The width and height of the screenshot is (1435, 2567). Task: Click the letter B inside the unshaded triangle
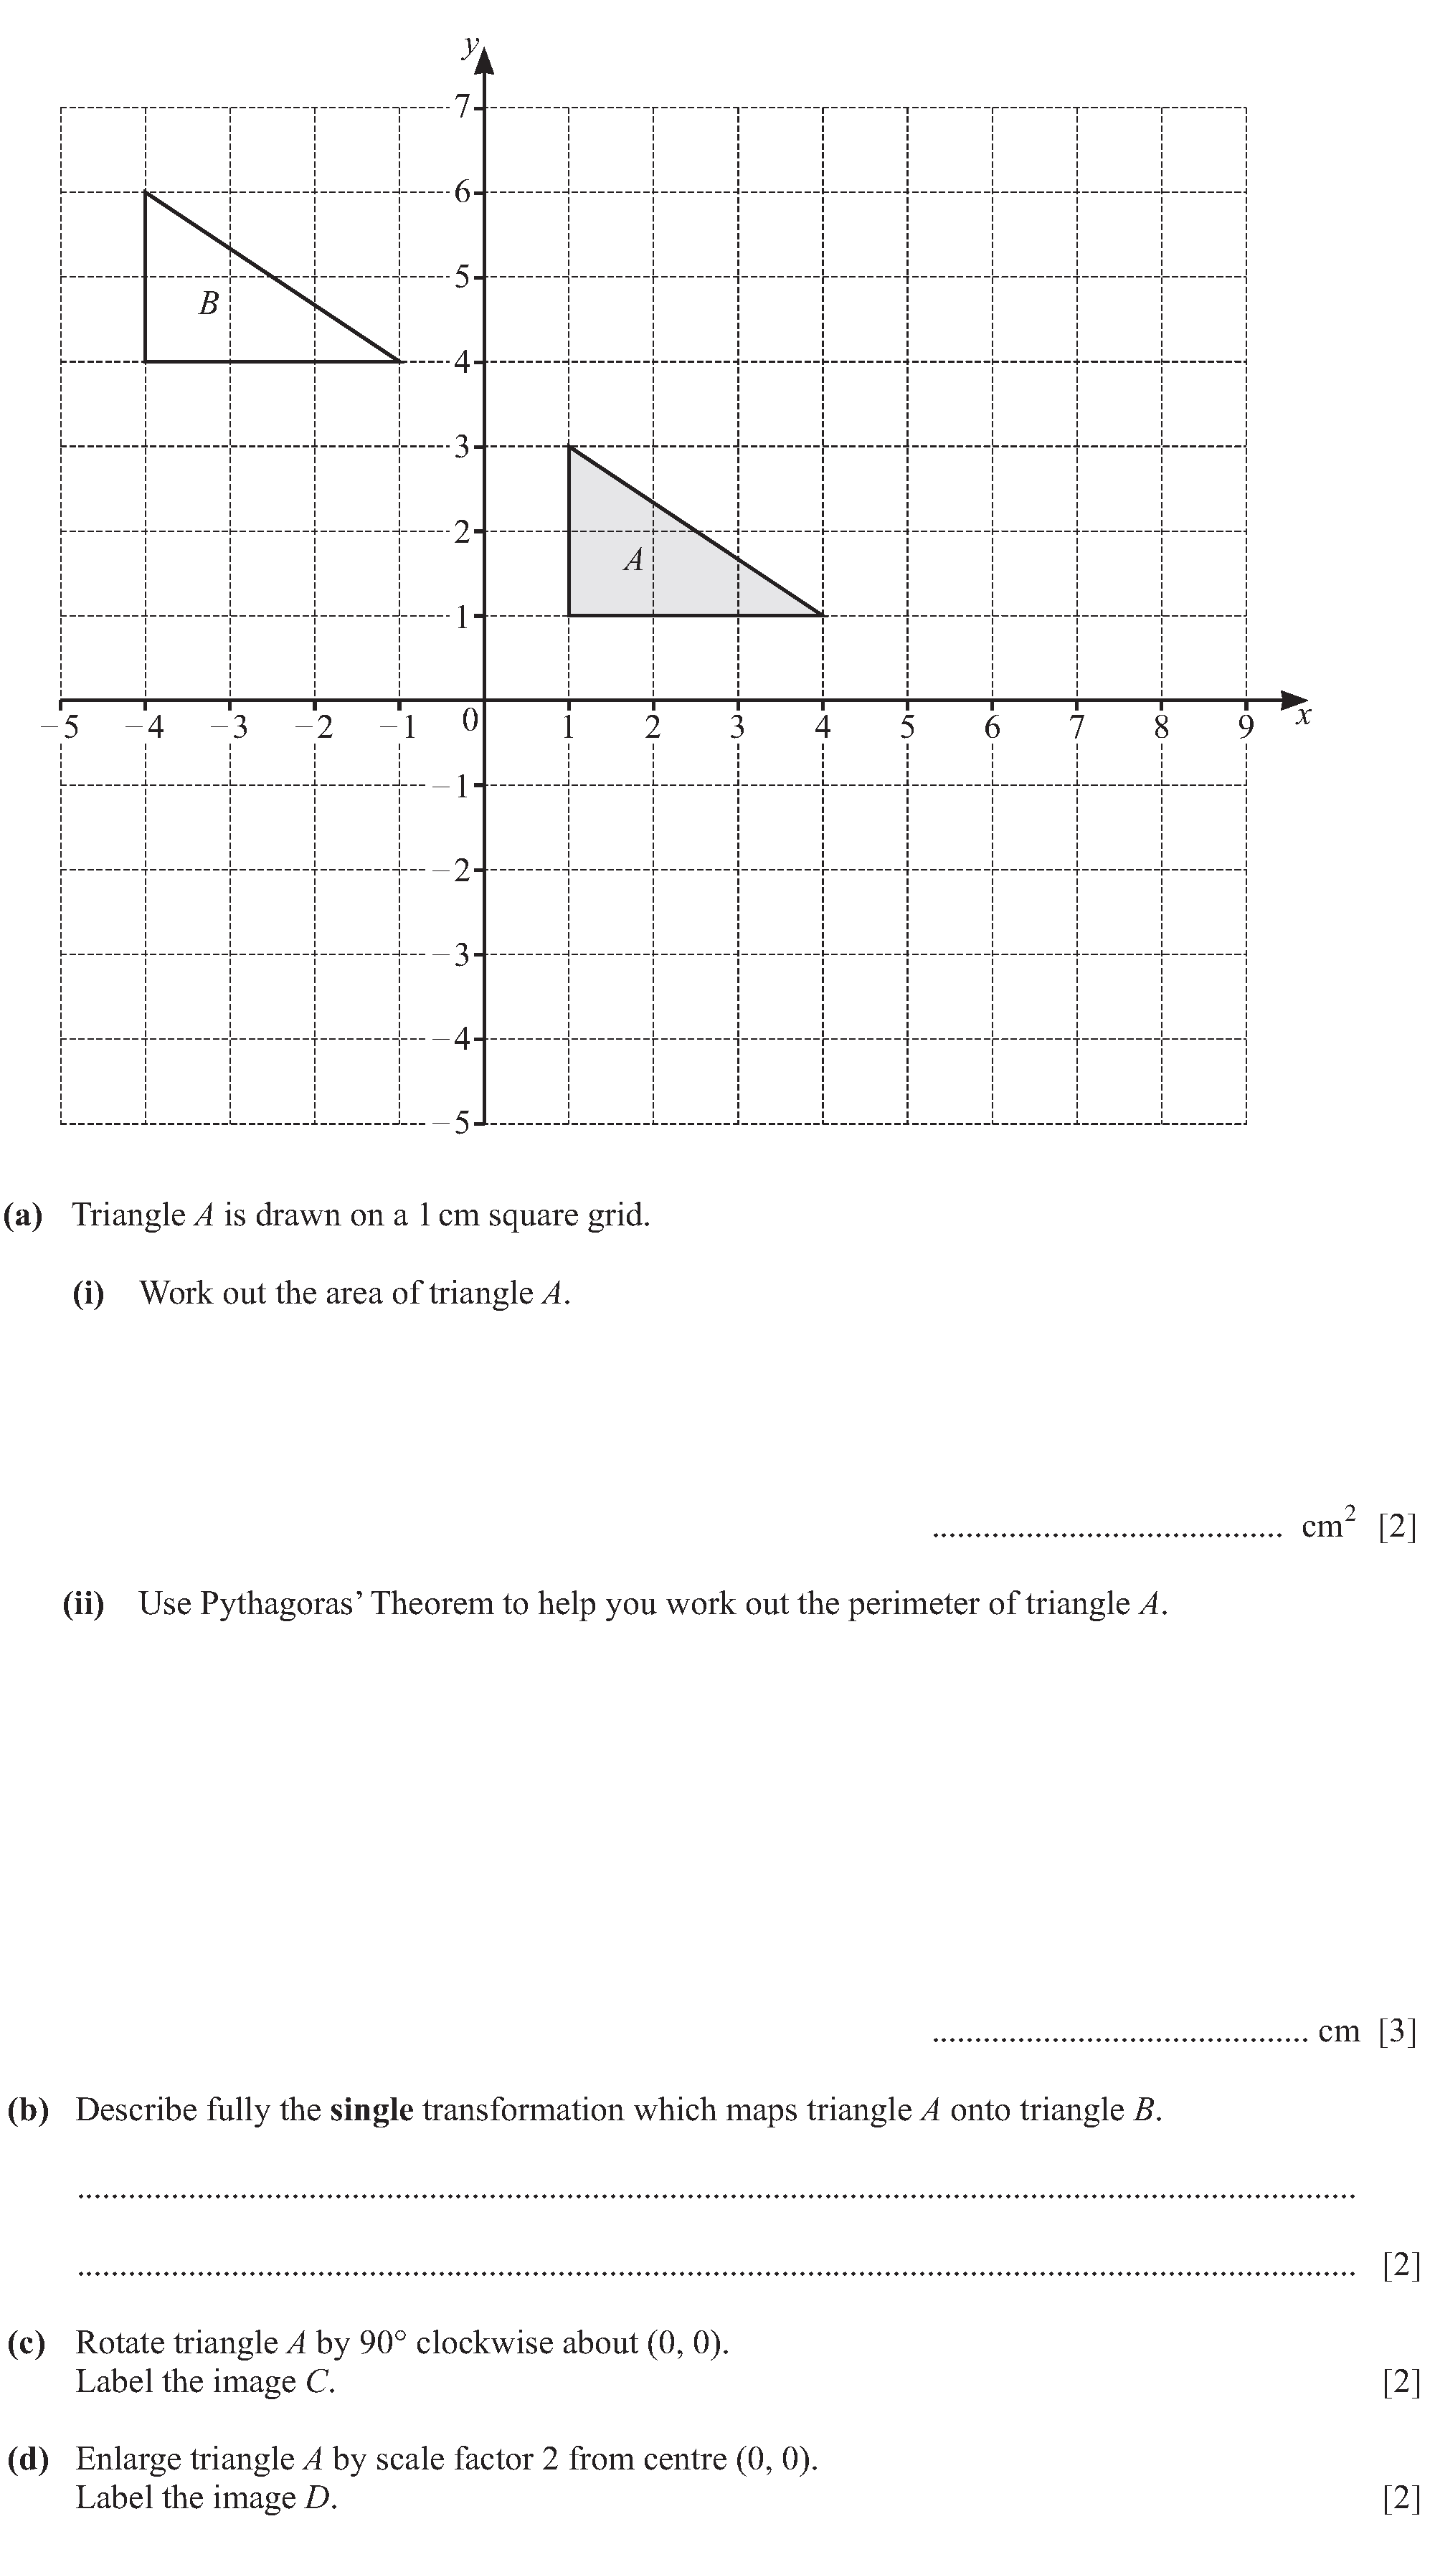[208, 303]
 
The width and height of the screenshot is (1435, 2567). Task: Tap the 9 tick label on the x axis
[1246, 729]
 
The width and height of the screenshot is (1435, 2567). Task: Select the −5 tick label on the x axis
[61, 728]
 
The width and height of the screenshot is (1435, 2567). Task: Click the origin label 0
[470, 719]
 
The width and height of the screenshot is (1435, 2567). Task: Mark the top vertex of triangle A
[569, 447]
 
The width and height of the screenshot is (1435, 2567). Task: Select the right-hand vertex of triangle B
[399, 361]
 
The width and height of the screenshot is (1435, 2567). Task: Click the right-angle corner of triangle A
[569, 616]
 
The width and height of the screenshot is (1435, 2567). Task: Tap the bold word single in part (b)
[371, 2110]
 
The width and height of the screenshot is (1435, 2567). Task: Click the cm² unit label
[1328, 1524]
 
